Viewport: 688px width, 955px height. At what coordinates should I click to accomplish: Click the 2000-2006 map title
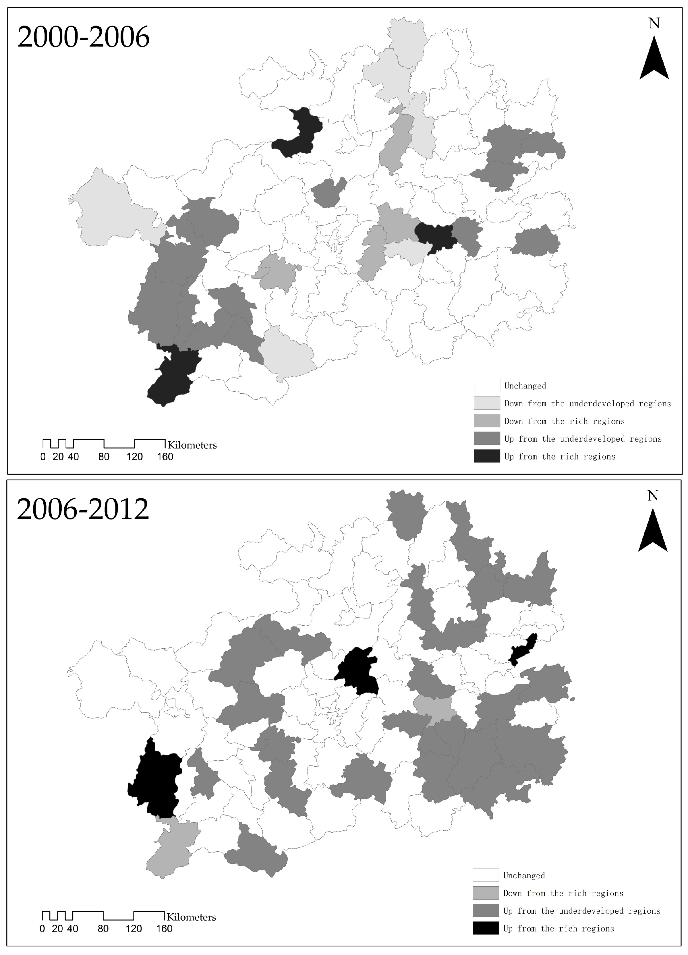(83, 37)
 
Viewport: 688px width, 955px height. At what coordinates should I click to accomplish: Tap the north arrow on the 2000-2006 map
(654, 59)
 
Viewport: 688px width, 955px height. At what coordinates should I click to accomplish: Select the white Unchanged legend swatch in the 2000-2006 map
(487, 386)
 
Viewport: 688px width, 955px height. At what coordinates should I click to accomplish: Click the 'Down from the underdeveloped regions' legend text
(587, 404)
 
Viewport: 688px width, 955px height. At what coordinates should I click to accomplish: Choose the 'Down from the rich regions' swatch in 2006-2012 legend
(486, 893)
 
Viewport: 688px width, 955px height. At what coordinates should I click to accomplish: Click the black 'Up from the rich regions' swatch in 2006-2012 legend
(486, 929)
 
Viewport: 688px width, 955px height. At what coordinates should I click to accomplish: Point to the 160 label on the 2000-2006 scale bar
(165, 457)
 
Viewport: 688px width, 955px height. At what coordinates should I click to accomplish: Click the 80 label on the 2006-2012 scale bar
(103, 929)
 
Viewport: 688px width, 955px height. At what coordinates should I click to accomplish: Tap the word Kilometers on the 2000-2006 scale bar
(192, 445)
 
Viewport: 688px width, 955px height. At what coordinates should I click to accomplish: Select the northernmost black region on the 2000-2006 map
(299, 133)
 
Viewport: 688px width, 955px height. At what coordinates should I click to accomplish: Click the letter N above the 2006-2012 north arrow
(653, 496)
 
